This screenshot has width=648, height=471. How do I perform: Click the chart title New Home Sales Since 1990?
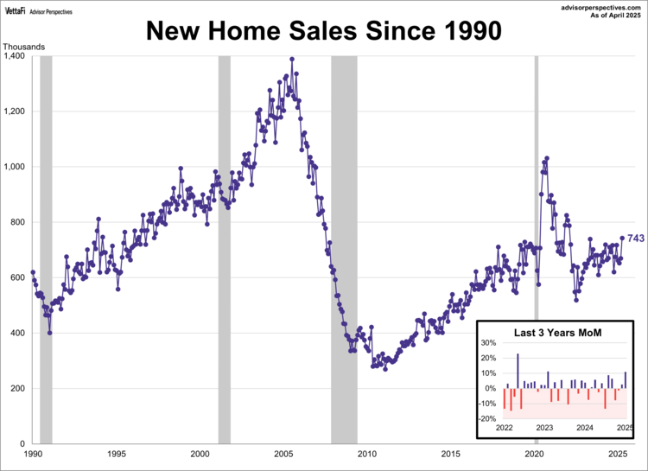[323, 31]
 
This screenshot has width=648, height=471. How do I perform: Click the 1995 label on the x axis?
[117, 454]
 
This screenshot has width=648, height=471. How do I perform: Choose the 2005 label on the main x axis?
[283, 454]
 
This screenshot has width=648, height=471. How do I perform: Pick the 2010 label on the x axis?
[366, 454]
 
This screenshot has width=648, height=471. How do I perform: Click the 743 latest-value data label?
[636, 239]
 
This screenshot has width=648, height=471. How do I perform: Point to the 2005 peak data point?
[292, 59]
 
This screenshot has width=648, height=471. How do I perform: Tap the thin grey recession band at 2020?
[536, 173]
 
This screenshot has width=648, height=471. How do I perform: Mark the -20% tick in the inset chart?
[486, 418]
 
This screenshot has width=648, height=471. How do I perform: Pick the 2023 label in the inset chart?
[544, 428]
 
